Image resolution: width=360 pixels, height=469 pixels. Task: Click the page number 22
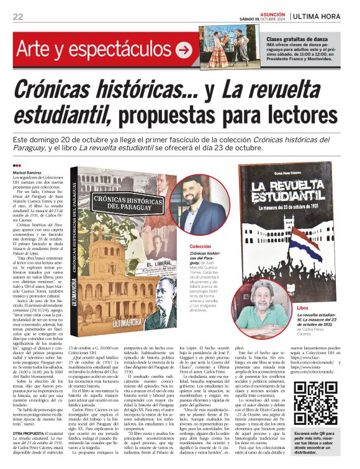[17, 17]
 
